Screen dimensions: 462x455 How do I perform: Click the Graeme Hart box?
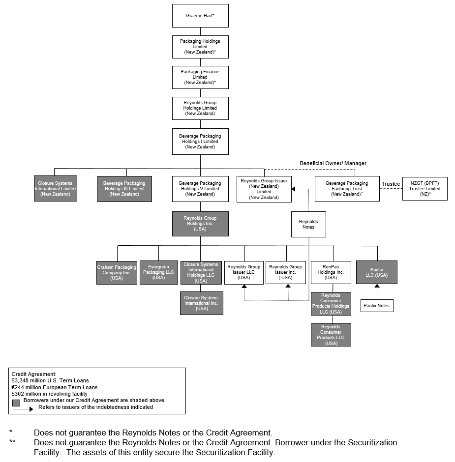pos(200,16)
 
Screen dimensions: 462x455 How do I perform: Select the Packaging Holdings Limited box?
pos(200,47)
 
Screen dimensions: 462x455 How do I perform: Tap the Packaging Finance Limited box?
pos(200,77)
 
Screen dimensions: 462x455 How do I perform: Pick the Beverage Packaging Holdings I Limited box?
pos(200,142)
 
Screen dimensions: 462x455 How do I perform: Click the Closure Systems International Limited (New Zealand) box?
pos(55,189)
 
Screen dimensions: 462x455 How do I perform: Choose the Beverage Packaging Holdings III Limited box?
pos(124,189)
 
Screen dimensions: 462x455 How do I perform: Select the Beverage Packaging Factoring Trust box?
pos(347,189)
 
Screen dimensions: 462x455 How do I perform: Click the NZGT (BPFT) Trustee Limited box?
pos(425,189)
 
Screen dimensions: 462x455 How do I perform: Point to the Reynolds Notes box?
pos(308,224)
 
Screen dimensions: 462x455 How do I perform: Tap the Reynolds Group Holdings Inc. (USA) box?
pos(200,224)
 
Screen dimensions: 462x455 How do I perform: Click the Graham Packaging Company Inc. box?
pos(117,273)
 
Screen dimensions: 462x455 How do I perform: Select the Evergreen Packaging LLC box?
pos(158,272)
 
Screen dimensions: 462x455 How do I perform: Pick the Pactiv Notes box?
pos(377,306)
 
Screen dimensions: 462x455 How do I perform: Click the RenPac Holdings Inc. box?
pos(331,272)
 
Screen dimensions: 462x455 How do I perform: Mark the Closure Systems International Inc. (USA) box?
pos(202,303)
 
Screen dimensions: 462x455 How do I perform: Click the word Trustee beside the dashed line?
pos(391,184)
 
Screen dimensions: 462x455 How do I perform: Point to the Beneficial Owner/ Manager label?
pos(333,163)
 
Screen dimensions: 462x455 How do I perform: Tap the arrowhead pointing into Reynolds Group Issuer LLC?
pos(244,287)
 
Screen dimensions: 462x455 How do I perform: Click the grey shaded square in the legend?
pos(16,402)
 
